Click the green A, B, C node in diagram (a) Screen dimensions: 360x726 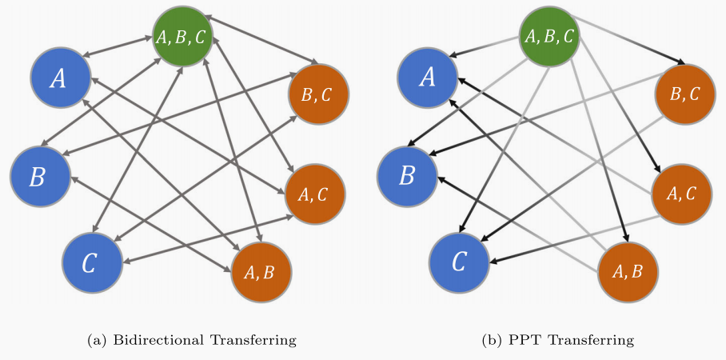point(183,37)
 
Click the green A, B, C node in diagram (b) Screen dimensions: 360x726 point(549,37)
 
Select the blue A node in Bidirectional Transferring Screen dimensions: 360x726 point(59,78)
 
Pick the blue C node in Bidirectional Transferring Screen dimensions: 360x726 point(92,262)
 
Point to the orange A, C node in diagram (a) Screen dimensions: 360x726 point(315,193)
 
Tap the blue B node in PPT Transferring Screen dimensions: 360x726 point(407,175)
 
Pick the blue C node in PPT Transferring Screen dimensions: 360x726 point(459,262)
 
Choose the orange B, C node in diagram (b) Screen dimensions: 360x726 point(684,94)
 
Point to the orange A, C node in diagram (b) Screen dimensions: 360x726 point(681,192)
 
